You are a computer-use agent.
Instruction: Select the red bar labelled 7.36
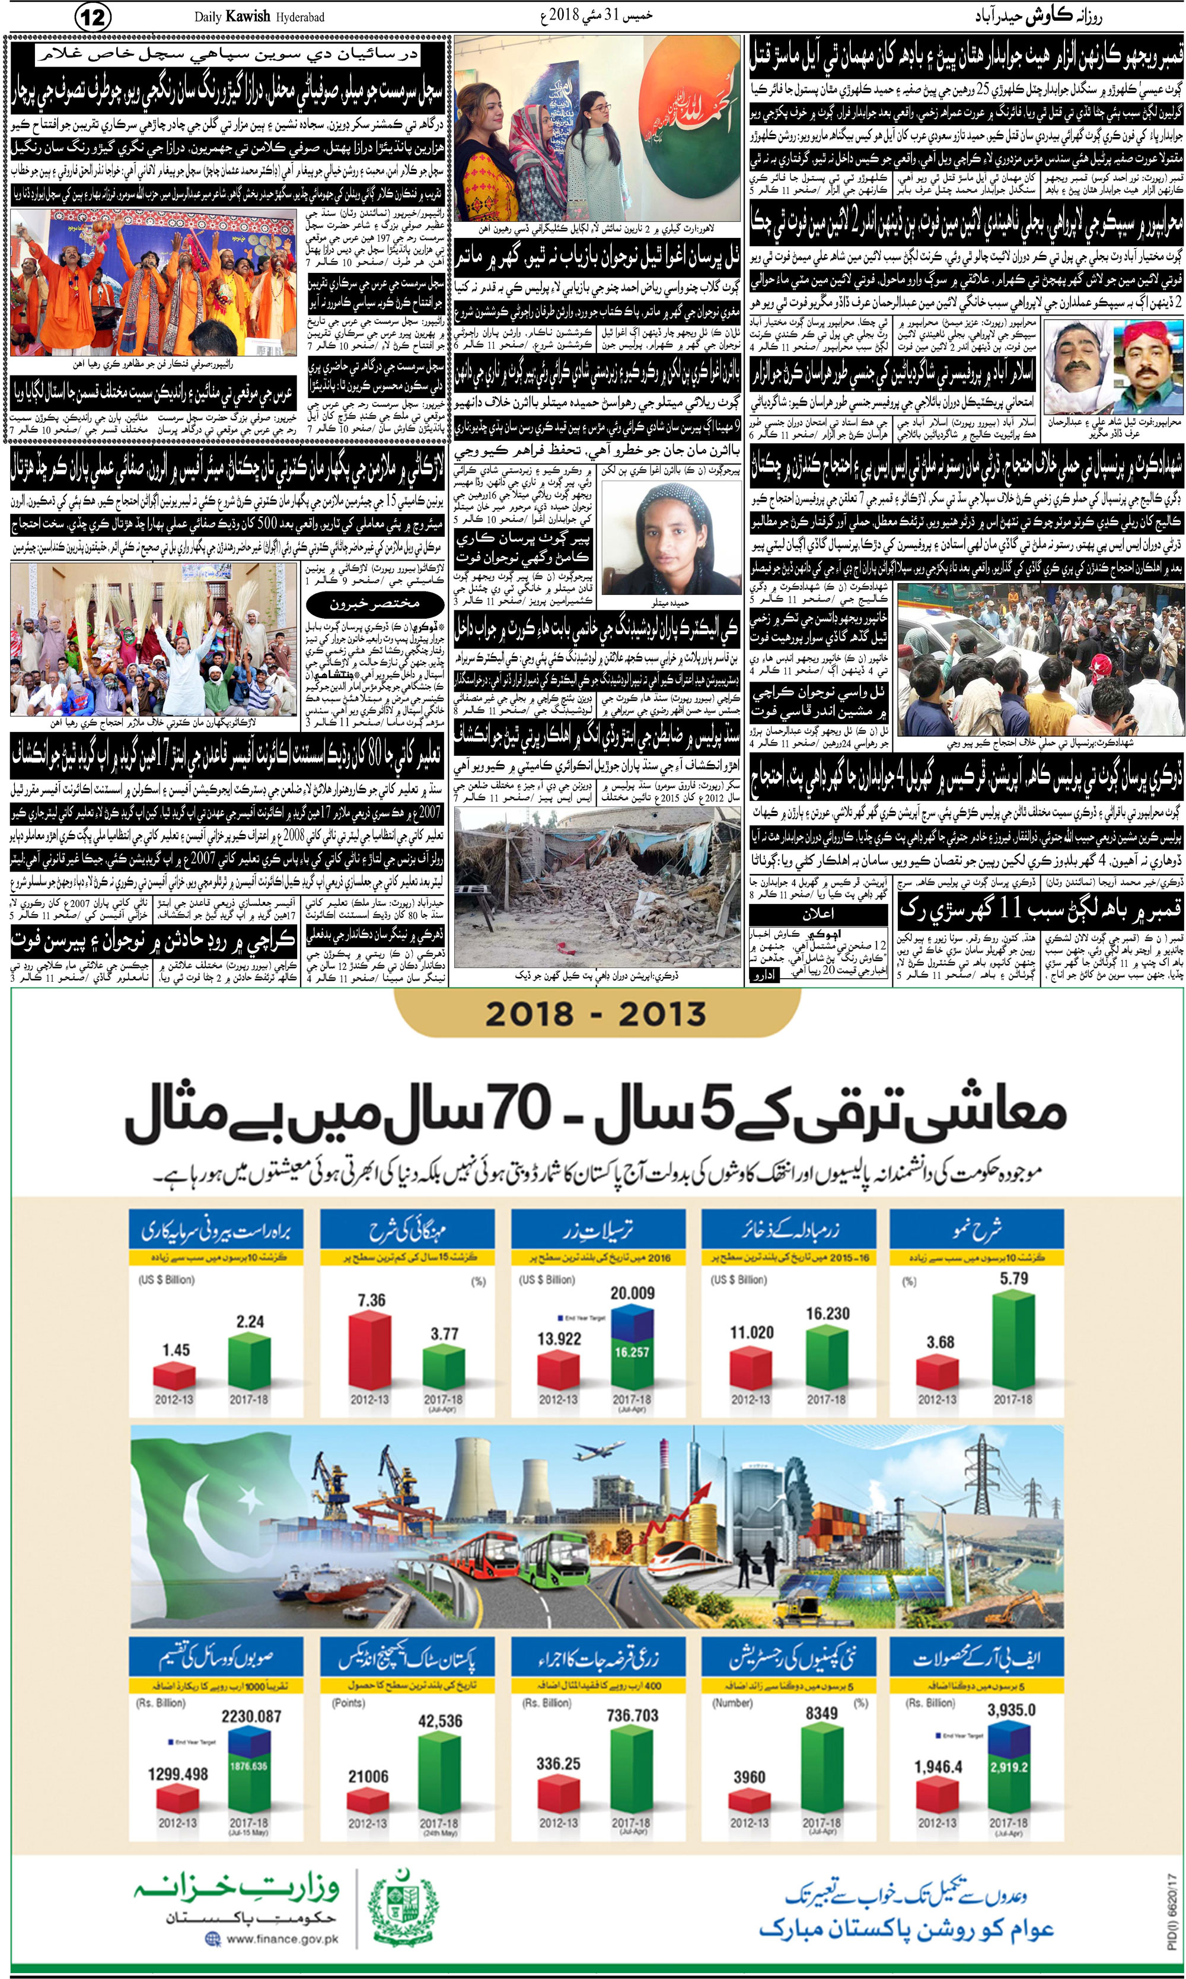[372, 1350]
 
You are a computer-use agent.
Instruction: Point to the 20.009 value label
[632, 1293]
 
